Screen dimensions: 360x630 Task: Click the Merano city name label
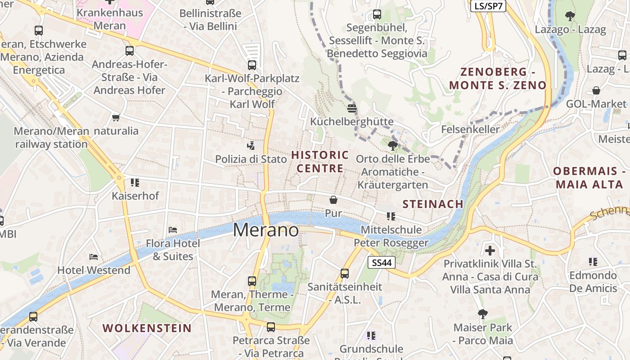265,230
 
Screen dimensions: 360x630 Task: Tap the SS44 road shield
382,262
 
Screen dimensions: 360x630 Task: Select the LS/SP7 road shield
488,6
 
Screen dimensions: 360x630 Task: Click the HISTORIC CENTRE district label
320,162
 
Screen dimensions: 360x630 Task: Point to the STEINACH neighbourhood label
433,204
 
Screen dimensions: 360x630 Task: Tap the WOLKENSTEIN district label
147,328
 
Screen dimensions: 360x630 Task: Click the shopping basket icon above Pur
333,199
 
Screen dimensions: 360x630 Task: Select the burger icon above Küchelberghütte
352,108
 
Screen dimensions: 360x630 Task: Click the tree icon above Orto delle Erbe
392,145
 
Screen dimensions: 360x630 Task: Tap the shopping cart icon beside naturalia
116,118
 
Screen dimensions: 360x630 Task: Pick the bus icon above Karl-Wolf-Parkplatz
252,65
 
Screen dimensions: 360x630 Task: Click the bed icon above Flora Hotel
173,230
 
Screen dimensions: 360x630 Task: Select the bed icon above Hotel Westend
94,257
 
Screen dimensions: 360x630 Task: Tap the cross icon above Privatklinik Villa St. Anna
490,250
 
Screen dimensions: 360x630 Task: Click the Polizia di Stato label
251,159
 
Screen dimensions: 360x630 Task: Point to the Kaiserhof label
135,196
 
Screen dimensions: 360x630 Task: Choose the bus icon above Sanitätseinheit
345,273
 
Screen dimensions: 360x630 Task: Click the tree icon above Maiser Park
483,314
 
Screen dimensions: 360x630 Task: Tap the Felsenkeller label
470,130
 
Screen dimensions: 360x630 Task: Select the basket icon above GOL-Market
596,90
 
